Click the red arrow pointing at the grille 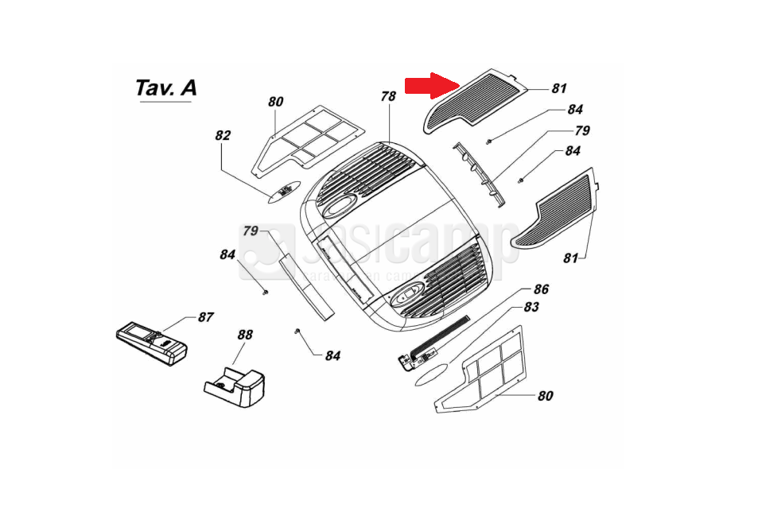click(x=432, y=85)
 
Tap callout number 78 click(x=387, y=97)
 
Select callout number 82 click(x=222, y=136)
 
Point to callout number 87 click(x=205, y=317)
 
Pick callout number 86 click(x=541, y=289)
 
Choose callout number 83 click(x=532, y=307)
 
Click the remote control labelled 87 click(x=151, y=343)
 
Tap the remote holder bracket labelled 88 click(x=236, y=386)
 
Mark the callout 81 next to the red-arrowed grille click(x=559, y=89)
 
